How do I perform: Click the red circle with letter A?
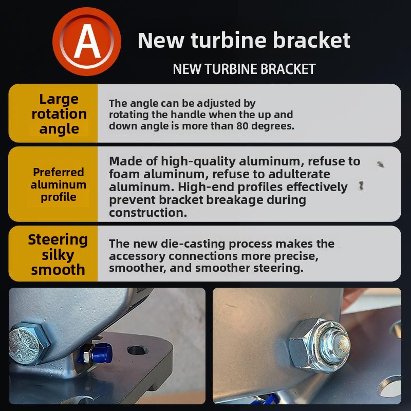[x=87, y=42]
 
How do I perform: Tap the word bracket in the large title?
[x=311, y=40]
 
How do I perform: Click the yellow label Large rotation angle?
[x=59, y=114]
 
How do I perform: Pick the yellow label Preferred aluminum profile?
[x=59, y=184]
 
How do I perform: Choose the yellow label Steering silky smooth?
[x=58, y=254]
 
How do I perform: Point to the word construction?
[x=148, y=213]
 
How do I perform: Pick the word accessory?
[x=137, y=256]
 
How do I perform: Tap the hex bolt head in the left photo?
[x=29, y=343]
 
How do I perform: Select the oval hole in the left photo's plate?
[x=137, y=350]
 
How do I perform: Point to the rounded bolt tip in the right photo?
[x=340, y=344]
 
